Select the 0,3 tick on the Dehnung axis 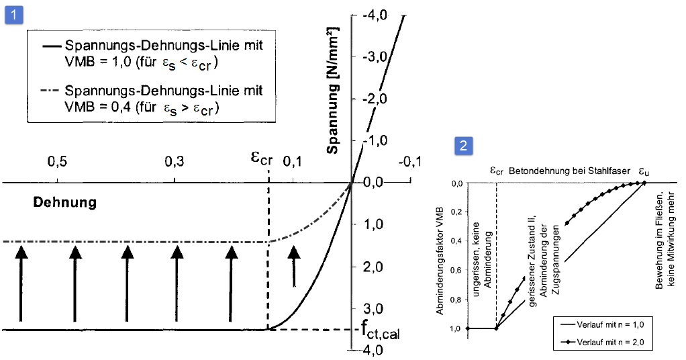point(174,163)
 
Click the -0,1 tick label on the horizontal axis point(409,163)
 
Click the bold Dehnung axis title point(65,202)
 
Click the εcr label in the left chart point(262,159)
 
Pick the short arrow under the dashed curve point(293,266)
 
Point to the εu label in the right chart point(644,171)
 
